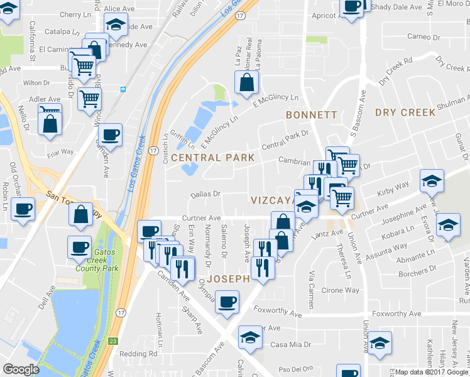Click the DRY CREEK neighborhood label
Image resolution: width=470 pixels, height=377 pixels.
click(x=405, y=112)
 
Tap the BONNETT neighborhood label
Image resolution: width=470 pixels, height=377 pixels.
click(x=311, y=115)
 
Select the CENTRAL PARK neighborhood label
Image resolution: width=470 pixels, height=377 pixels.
click(x=212, y=158)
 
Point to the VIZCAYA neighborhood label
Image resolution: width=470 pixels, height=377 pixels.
click(x=272, y=200)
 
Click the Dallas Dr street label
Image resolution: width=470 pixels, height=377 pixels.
click(x=206, y=195)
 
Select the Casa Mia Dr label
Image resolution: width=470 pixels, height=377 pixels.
click(x=291, y=345)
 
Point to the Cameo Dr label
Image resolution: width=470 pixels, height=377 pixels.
click(x=423, y=36)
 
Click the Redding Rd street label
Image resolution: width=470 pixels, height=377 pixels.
click(x=139, y=354)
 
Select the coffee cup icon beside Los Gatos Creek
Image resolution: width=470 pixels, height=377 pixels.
click(x=110, y=134)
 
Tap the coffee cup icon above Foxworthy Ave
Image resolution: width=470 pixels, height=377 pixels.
click(x=227, y=301)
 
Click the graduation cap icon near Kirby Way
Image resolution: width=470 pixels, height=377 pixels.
click(x=432, y=180)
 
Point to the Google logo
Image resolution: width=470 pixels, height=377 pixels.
click(x=21, y=369)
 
